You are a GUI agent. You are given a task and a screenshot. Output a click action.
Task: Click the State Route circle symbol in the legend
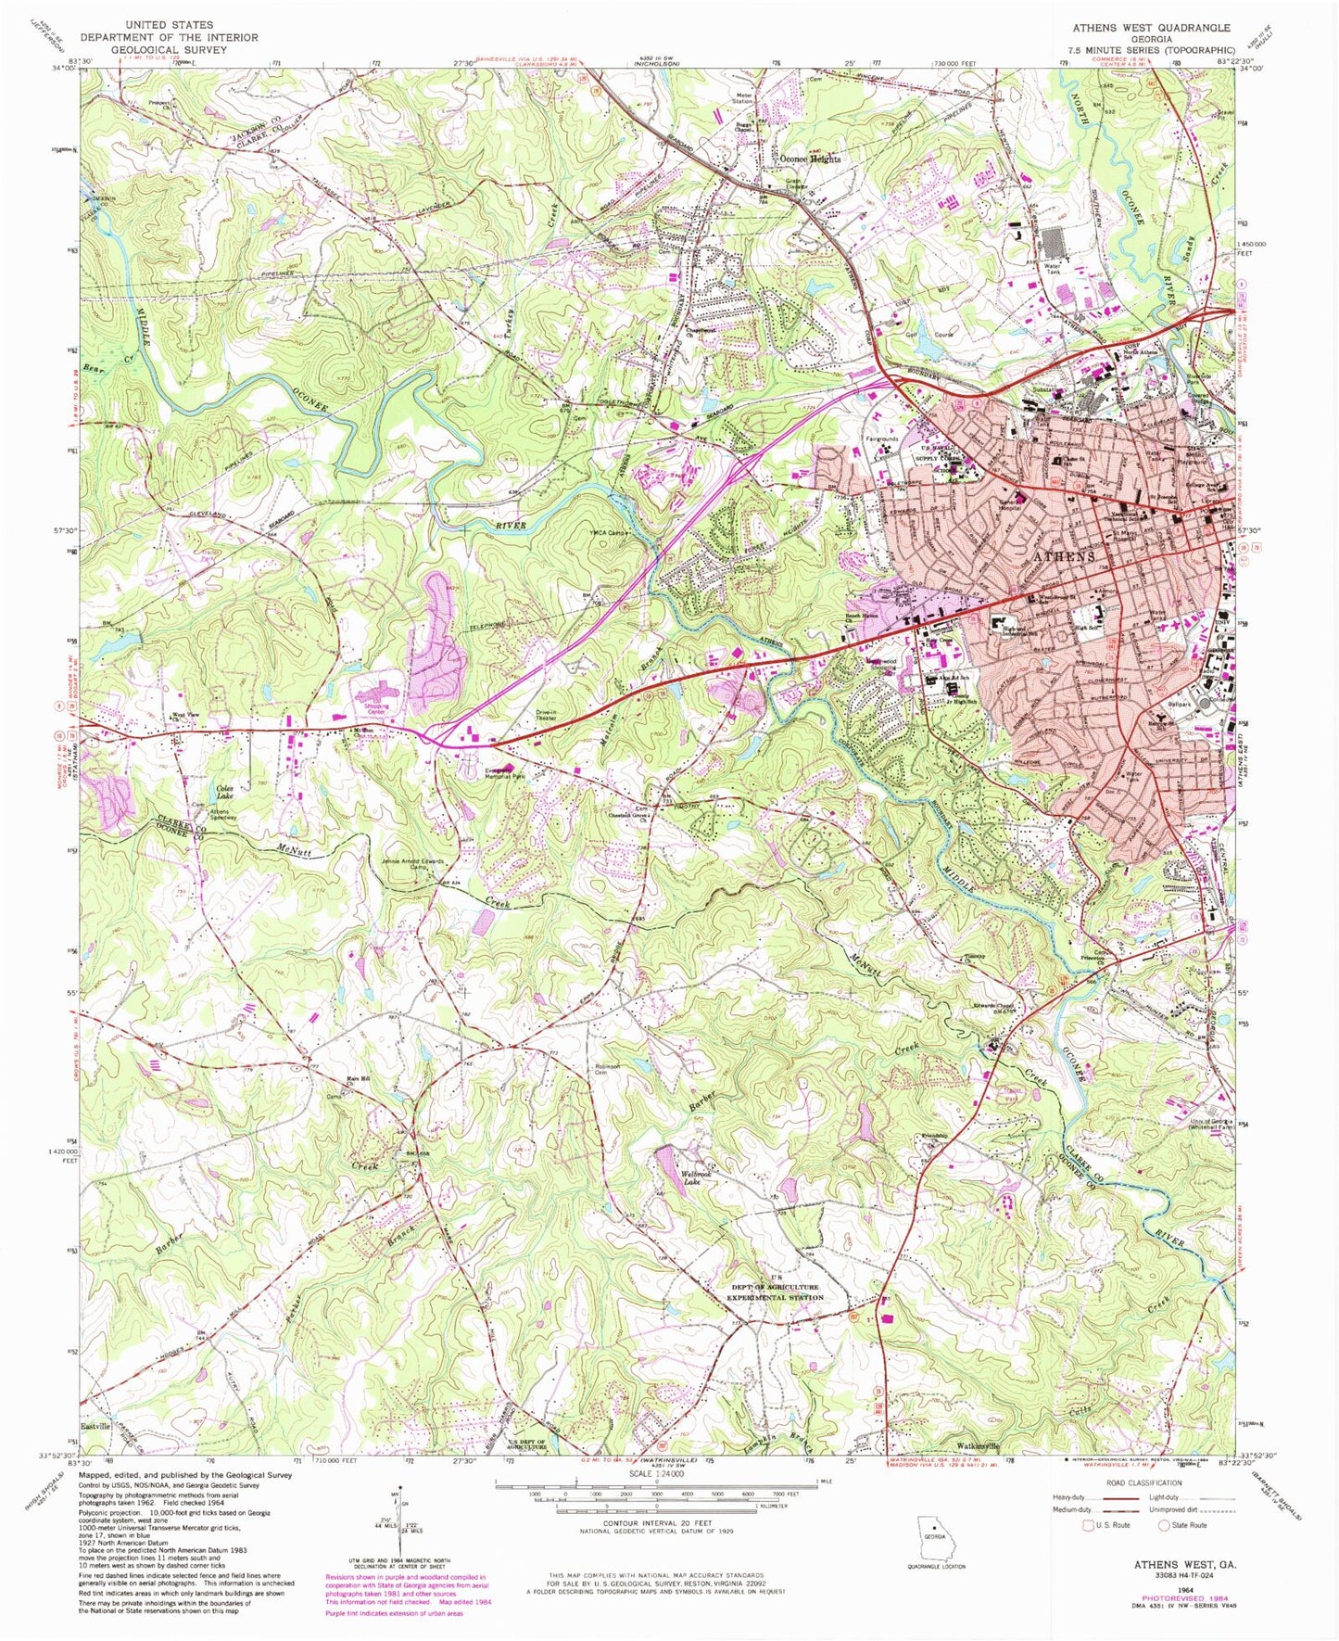pyautogui.click(x=1164, y=1525)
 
